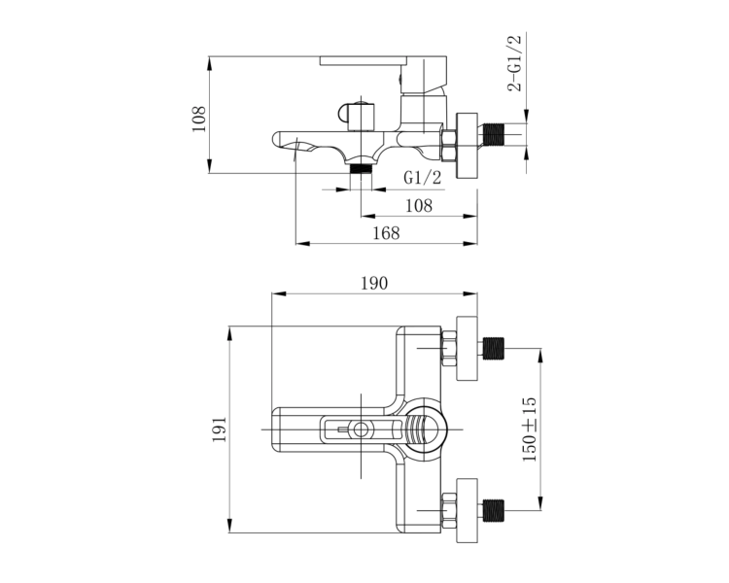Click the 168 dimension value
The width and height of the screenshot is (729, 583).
386,233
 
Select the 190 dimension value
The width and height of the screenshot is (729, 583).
374,283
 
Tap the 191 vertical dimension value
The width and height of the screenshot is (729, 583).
220,429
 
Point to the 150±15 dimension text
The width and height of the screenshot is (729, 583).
530,429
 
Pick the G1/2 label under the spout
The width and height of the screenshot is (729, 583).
422,177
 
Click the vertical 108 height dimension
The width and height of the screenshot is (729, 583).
199,119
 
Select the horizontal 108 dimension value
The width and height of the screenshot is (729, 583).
419,205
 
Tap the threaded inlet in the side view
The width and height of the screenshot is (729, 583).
494,135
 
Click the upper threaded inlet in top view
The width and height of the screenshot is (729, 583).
494,349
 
